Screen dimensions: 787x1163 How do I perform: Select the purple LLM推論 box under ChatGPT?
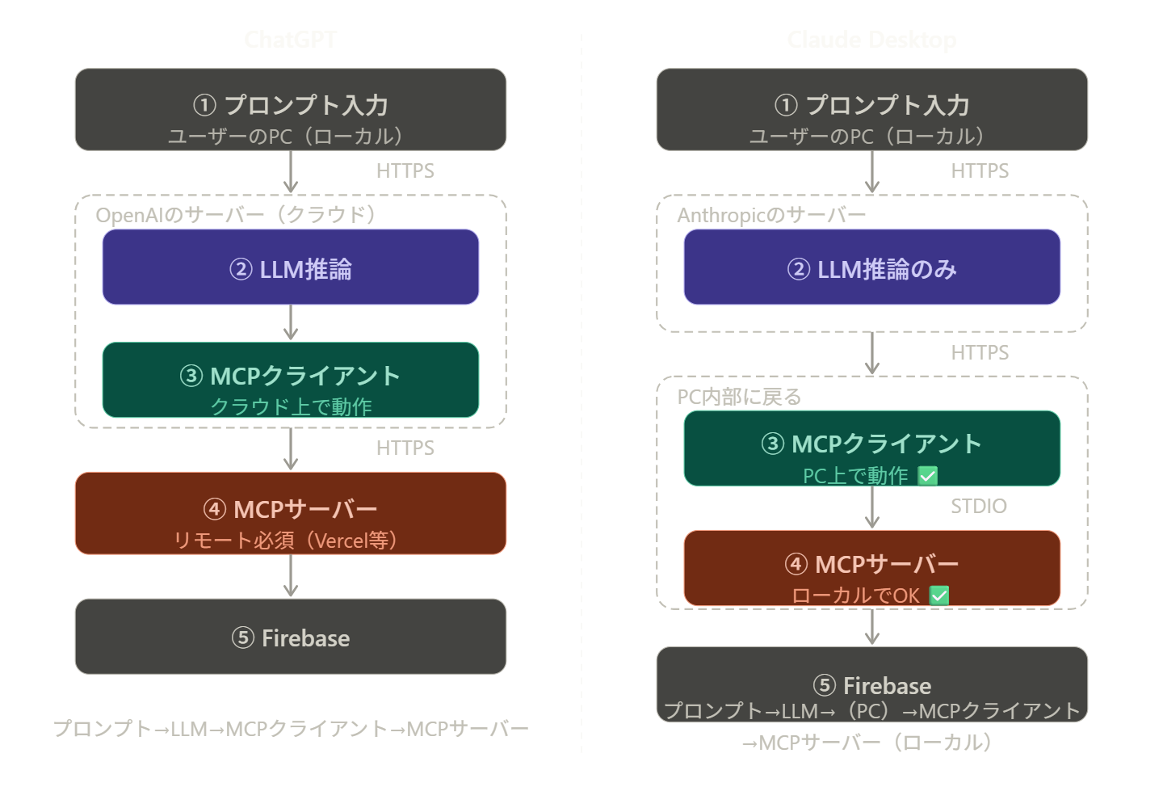tap(290, 267)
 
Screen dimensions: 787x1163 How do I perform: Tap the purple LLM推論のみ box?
tap(871, 267)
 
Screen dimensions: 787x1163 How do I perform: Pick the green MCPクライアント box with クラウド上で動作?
tap(290, 380)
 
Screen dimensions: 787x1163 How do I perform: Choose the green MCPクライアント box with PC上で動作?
tap(871, 448)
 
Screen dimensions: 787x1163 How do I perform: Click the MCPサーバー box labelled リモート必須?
tap(290, 513)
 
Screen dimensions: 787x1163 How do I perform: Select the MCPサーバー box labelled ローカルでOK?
tap(871, 568)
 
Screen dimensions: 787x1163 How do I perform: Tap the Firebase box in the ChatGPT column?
tap(290, 637)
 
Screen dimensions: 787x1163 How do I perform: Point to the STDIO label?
tap(978, 507)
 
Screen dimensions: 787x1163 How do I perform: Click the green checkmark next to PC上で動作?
tap(928, 476)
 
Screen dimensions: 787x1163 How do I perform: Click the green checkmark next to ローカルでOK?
tap(938, 596)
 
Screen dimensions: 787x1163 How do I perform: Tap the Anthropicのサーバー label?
tap(771, 215)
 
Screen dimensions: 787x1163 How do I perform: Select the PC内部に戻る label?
tap(739, 397)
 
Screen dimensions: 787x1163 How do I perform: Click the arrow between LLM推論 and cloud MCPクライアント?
tap(291, 322)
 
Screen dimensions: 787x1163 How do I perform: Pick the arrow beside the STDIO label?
tap(871, 507)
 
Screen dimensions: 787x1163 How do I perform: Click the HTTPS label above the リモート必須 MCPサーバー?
tap(405, 448)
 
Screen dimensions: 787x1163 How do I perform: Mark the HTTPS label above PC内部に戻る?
tap(980, 352)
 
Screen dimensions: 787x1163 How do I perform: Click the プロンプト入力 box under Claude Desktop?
tap(871, 110)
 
